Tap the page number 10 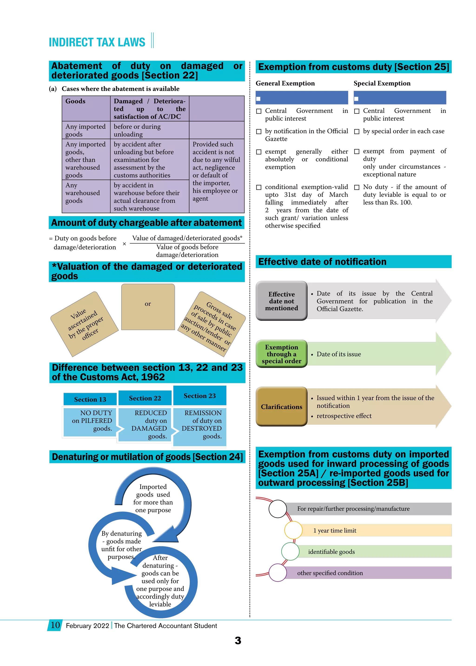pyautogui.click(x=55, y=625)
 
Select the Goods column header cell pyautogui.click(x=86, y=108)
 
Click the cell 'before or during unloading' pyautogui.click(x=149, y=130)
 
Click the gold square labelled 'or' pyautogui.click(x=148, y=307)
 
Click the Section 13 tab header pyautogui.click(x=90, y=399)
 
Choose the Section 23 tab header pyautogui.click(x=200, y=396)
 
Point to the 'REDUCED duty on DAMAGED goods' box pyautogui.click(x=145, y=424)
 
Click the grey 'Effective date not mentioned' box pyautogui.click(x=281, y=301)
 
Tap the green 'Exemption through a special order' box pyautogui.click(x=281, y=354)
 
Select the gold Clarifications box pyautogui.click(x=281, y=407)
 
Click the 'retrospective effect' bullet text pyautogui.click(x=344, y=416)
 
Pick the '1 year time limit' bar pyautogui.click(x=375, y=530)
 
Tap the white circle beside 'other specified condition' pyautogui.click(x=278, y=573)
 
